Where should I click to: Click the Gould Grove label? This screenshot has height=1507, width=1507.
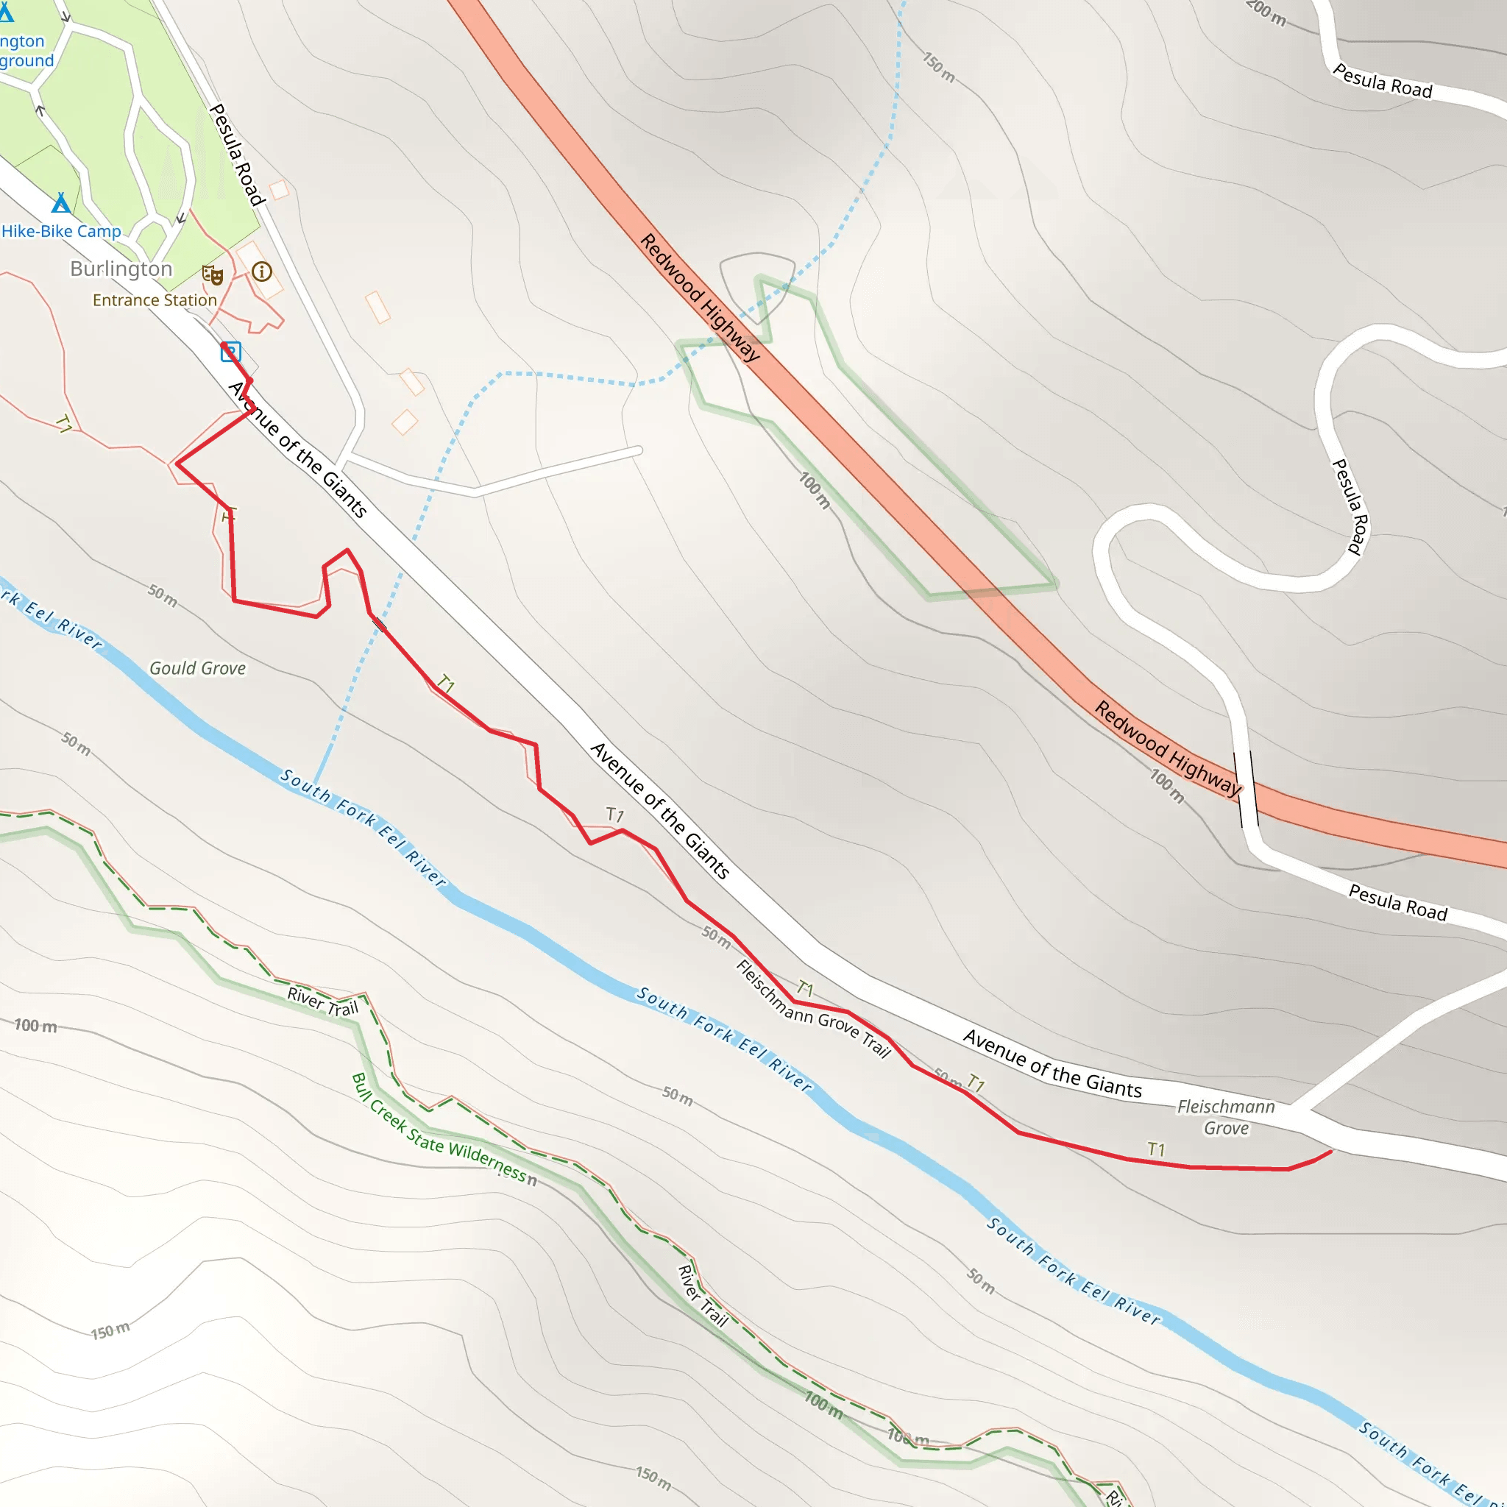click(x=197, y=668)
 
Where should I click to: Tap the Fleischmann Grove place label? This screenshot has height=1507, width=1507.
click(x=1225, y=1117)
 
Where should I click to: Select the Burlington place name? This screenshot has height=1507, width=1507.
click(x=121, y=269)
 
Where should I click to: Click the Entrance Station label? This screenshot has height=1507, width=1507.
click(x=155, y=300)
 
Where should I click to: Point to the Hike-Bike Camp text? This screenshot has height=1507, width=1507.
click(x=62, y=232)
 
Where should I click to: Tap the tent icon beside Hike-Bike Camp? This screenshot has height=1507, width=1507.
click(x=61, y=205)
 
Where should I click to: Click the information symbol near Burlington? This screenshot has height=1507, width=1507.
click(x=262, y=272)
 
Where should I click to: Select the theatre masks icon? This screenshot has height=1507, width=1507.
click(x=212, y=274)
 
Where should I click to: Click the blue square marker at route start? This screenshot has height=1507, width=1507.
click(x=230, y=352)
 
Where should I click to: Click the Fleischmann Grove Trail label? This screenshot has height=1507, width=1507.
click(x=813, y=1009)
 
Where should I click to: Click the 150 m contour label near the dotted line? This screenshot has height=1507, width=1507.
click(x=938, y=67)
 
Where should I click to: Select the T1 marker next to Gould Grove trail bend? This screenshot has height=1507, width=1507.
click(x=228, y=515)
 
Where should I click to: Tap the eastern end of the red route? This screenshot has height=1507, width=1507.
click(x=1330, y=1151)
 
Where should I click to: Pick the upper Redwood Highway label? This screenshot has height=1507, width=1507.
click(x=700, y=297)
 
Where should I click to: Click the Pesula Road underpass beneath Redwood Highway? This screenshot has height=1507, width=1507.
click(x=1246, y=789)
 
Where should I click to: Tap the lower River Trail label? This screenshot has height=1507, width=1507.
click(x=702, y=1296)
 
